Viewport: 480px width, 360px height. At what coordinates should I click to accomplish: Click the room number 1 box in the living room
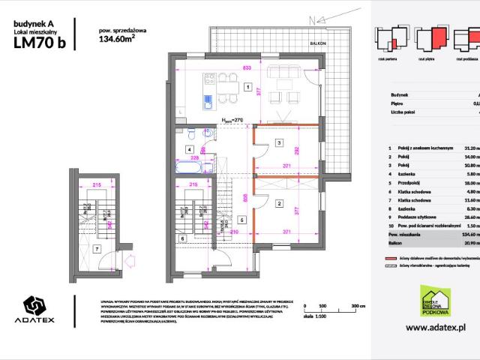[x=247, y=87]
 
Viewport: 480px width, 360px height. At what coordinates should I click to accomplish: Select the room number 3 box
[x=278, y=142]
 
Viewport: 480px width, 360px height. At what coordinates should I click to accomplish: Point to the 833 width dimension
[x=247, y=68]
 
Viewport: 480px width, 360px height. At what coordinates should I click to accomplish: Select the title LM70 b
[x=39, y=43]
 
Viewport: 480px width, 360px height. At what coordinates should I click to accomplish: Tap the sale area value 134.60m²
[x=117, y=42]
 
